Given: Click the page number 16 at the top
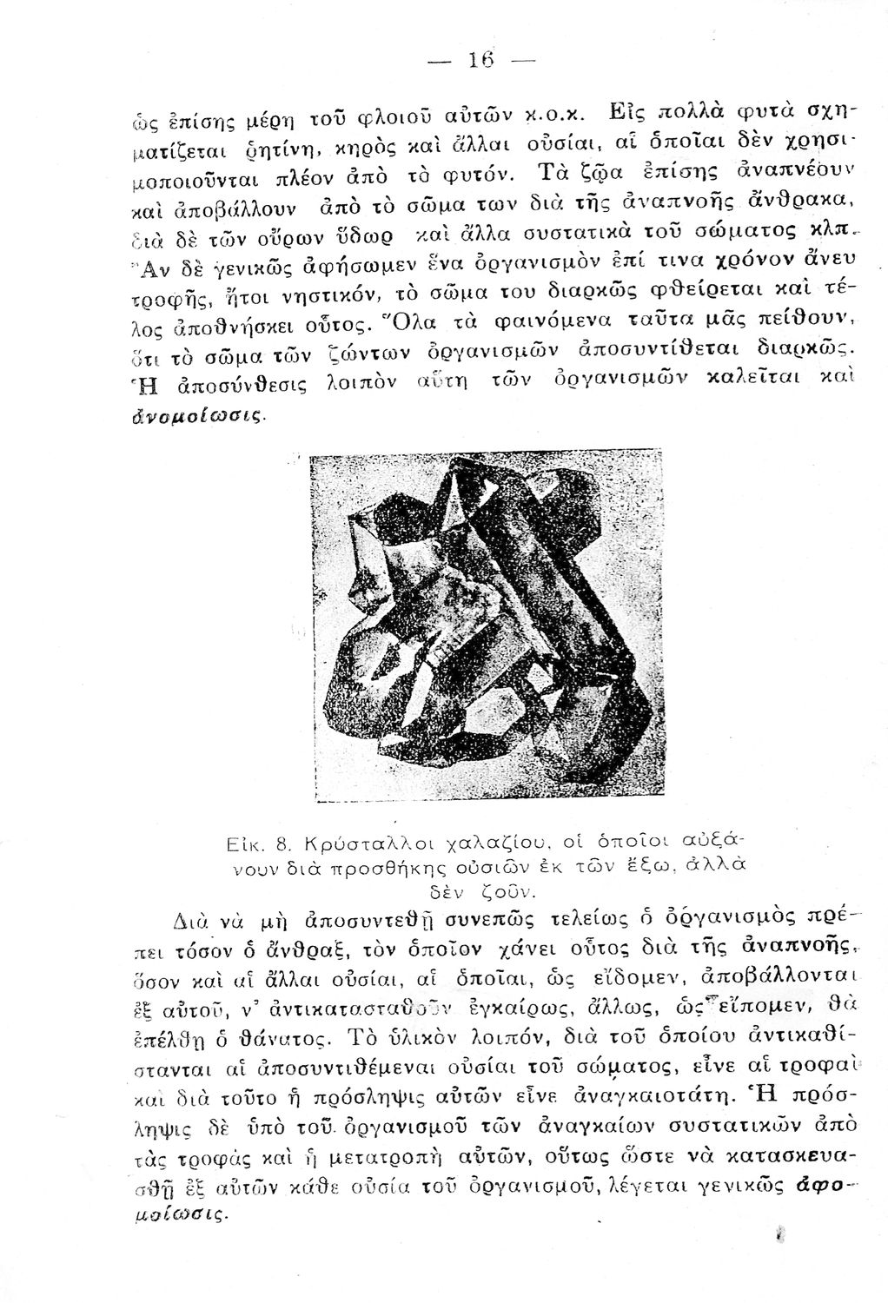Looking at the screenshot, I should point(480,61).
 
